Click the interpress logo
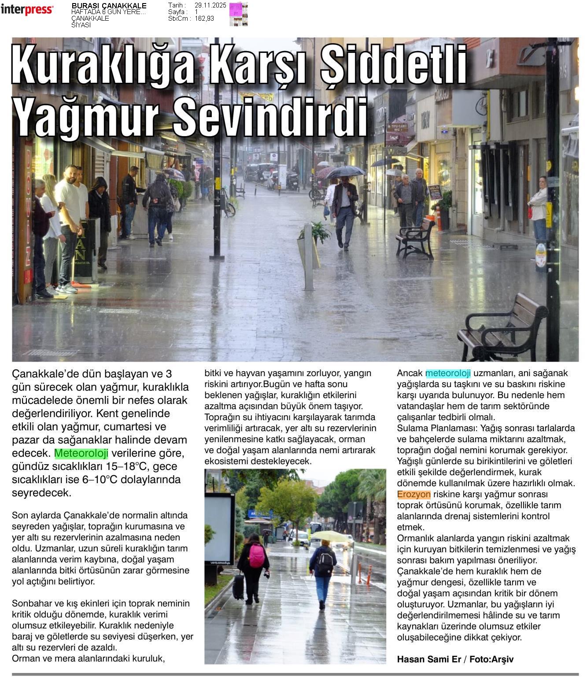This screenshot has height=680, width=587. (27, 10)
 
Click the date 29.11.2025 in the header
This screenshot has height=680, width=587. (210, 5)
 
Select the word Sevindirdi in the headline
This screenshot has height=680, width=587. (270, 116)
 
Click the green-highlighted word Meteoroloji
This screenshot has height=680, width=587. (81, 453)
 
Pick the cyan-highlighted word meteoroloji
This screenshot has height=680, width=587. (448, 373)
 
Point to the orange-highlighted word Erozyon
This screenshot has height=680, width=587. (413, 494)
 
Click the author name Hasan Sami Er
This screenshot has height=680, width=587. (428, 659)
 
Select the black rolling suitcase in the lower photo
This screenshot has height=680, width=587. (238, 587)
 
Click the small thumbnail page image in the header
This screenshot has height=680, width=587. (238, 14)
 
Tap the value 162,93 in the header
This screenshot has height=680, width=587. (204, 18)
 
